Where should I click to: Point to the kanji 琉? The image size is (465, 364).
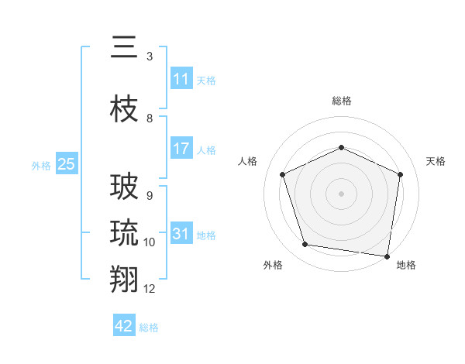point(125,233)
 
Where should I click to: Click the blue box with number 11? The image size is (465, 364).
point(181,79)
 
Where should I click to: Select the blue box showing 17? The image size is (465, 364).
point(181,149)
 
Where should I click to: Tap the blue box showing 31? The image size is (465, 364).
point(181,234)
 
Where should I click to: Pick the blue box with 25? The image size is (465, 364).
point(66,164)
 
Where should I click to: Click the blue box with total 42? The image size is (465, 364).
point(124,327)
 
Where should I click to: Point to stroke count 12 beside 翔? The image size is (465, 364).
point(150,289)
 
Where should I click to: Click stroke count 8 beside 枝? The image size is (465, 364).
point(150,118)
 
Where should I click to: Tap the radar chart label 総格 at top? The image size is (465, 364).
point(341,101)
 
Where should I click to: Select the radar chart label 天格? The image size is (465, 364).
point(436,161)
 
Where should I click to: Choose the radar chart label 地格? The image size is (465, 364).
point(406,265)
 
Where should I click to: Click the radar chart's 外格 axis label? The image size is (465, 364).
point(273,265)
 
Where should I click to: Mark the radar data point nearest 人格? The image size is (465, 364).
point(283,174)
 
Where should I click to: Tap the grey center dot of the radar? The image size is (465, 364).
point(341,193)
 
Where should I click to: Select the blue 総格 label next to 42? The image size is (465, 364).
point(149,328)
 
